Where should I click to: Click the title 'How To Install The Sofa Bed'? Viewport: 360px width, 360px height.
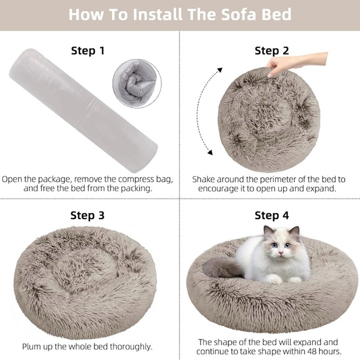point(180,14)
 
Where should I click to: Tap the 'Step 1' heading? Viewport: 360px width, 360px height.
point(92,51)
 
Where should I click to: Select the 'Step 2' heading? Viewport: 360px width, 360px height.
point(272,51)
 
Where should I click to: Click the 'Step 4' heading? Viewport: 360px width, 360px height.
point(272,215)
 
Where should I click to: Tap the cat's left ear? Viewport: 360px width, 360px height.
point(269,233)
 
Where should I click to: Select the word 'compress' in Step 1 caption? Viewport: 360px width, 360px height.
point(128,179)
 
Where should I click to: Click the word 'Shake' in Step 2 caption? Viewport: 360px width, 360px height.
point(205,179)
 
